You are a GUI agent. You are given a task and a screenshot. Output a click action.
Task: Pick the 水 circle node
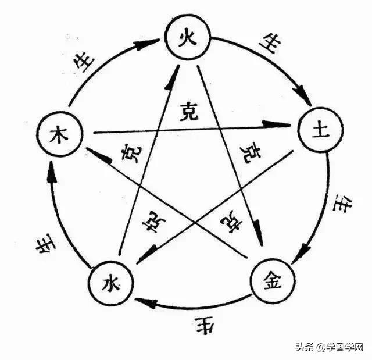coord(110,284)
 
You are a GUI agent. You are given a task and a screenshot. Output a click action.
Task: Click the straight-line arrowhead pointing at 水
coord(146,252)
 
